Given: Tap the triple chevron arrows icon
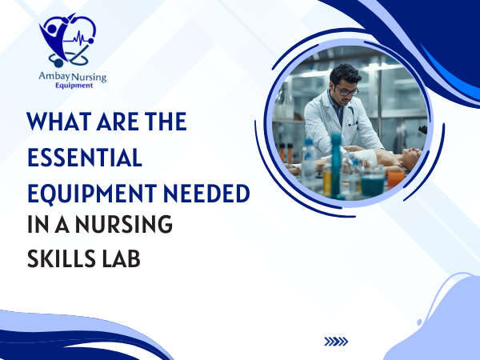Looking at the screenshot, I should click(336, 342).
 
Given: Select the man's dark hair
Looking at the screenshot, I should click(342, 77).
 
